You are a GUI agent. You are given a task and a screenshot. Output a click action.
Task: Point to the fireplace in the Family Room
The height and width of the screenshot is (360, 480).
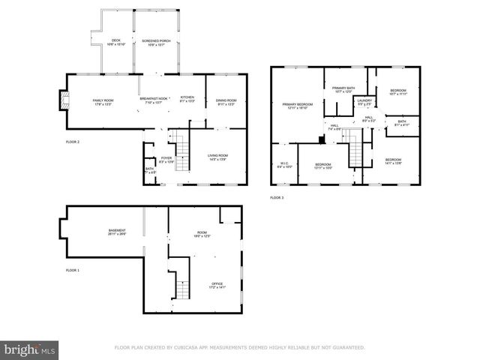click(62, 100)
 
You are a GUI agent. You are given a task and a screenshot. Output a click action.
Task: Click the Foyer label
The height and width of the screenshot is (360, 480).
click(166, 158)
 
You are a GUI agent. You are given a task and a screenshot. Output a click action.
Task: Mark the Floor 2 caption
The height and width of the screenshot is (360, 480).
click(73, 141)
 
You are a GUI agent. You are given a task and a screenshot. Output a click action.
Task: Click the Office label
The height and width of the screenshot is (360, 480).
click(217, 284)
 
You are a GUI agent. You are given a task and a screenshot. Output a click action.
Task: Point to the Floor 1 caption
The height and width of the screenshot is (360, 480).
click(73, 269)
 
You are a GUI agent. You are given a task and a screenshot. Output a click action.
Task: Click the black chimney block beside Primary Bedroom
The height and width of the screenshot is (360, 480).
click(321, 138)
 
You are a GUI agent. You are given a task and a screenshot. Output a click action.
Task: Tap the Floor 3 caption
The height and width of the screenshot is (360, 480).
click(277, 197)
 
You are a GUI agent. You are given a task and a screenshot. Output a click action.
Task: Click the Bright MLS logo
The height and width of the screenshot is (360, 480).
click(31, 349)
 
